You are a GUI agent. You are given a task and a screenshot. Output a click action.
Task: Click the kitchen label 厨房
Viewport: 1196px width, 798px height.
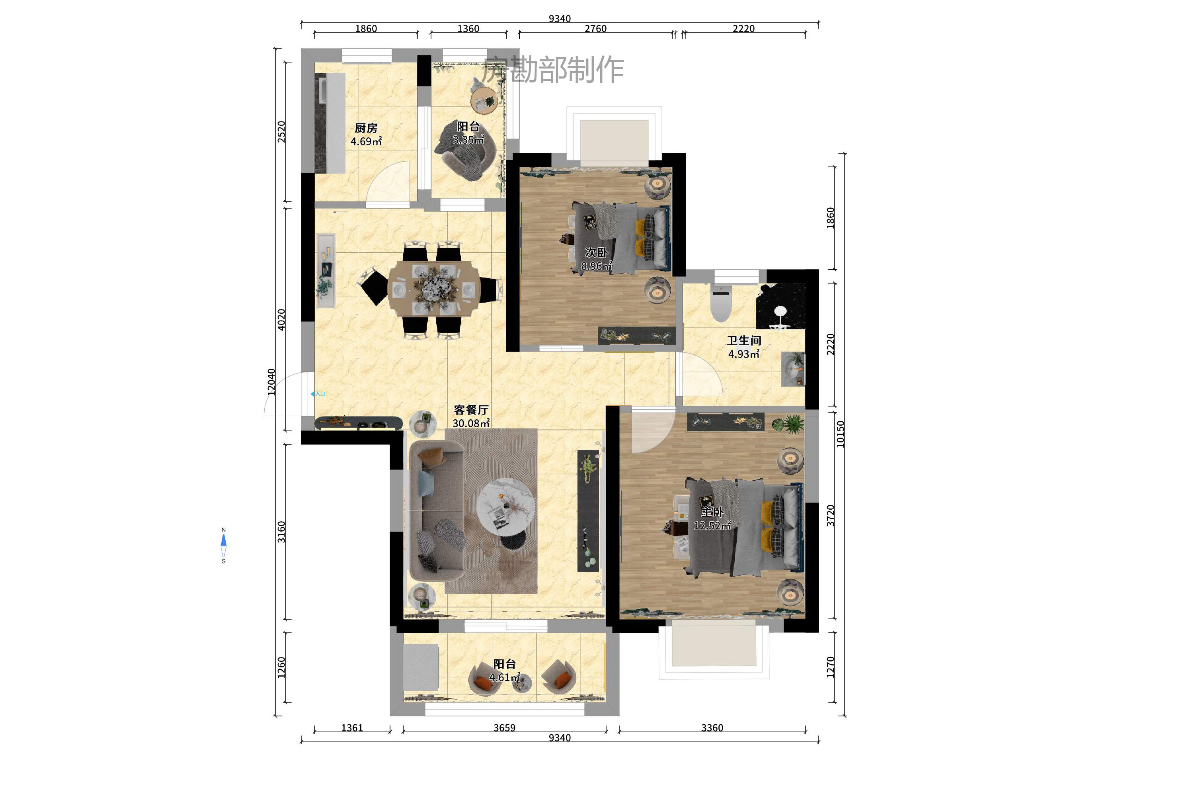point(366,128)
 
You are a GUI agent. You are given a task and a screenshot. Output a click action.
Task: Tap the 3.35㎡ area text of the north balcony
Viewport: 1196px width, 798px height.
point(468,140)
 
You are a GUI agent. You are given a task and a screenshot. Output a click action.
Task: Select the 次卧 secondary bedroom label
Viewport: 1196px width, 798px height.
point(596,252)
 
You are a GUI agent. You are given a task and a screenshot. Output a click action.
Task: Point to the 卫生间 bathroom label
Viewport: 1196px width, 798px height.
point(744,340)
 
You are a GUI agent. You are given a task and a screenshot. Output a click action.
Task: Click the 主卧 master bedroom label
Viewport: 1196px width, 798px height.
point(712,512)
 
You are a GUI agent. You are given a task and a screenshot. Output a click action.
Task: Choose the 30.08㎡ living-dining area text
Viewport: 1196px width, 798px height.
point(471,423)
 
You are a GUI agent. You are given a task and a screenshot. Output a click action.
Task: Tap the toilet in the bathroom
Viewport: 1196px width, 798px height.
point(720,304)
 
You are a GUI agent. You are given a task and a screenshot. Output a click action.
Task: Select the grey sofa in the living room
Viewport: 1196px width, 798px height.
point(437,511)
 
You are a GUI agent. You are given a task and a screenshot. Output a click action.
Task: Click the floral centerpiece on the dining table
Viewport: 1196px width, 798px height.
point(433,289)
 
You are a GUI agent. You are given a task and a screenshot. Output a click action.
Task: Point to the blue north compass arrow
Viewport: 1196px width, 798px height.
point(223,540)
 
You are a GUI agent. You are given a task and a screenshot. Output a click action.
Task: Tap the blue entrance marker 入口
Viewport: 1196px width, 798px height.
point(318,394)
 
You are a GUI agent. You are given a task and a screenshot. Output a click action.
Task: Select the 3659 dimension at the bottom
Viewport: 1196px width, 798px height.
point(504,728)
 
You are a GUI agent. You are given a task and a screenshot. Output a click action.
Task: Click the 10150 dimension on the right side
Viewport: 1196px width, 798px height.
point(841,434)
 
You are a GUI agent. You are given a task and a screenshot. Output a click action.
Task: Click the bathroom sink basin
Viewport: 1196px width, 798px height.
point(792,368)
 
